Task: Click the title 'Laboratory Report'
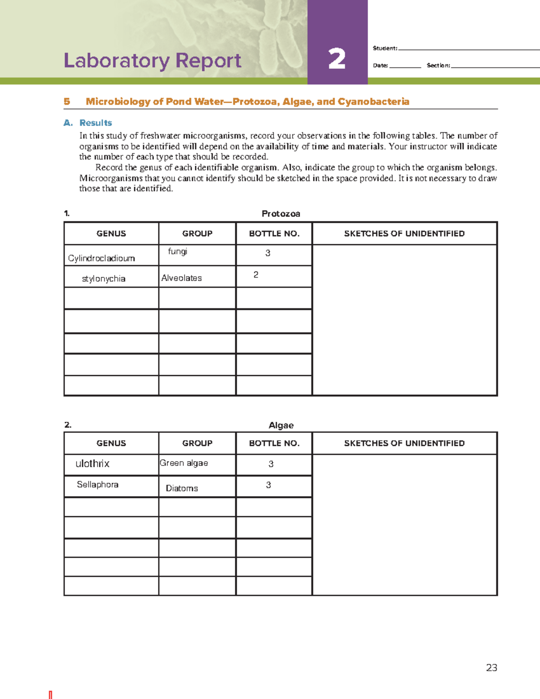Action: pyautogui.click(x=153, y=61)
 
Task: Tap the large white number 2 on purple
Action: pyautogui.click(x=337, y=59)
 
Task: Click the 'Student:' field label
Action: pyautogui.click(x=385, y=48)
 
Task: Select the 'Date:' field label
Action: pyautogui.click(x=380, y=65)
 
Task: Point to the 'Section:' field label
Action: pyautogui.click(x=438, y=65)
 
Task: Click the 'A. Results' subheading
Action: pyautogui.click(x=88, y=123)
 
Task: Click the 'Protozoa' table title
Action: pyautogui.click(x=281, y=214)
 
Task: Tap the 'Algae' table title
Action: pyautogui.click(x=281, y=425)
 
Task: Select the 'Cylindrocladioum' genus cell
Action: pyautogui.click(x=101, y=258)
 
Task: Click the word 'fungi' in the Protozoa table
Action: pyautogui.click(x=177, y=251)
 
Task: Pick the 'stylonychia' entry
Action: pyautogui.click(x=103, y=279)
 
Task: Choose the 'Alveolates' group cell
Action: pyautogui.click(x=181, y=278)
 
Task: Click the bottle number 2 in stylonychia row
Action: pyautogui.click(x=256, y=275)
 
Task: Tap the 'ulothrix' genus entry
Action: pyautogui.click(x=92, y=464)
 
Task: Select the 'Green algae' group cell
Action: pyautogui.click(x=184, y=463)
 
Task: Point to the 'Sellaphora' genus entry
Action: pyautogui.click(x=97, y=485)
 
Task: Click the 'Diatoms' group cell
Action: pyautogui.click(x=182, y=488)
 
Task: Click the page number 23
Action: pyautogui.click(x=491, y=667)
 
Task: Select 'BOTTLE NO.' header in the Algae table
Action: pyautogui.click(x=274, y=443)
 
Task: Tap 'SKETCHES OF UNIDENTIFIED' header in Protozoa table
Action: pyautogui.click(x=404, y=234)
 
